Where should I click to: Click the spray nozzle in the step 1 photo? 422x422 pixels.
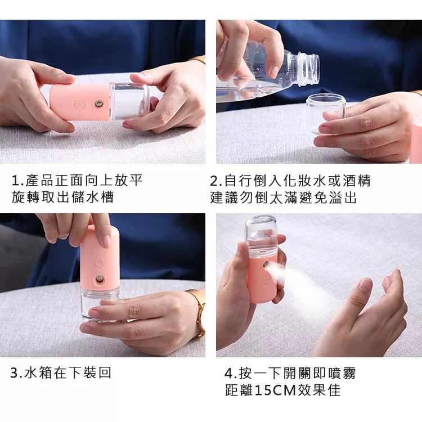98,104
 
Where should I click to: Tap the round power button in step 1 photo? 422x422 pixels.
80,105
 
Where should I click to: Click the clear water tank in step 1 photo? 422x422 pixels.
129,102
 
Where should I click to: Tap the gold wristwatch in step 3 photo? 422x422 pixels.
199,313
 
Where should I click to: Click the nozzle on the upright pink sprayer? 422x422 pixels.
99,279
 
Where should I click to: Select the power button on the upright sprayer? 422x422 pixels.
99,262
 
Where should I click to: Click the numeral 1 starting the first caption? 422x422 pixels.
15,180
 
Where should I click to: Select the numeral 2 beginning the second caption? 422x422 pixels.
214,181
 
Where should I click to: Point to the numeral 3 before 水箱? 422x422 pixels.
14,372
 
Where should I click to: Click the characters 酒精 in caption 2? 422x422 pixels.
357,181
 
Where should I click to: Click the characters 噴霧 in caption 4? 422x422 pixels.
342,373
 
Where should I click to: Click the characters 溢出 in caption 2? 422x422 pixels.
343,198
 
